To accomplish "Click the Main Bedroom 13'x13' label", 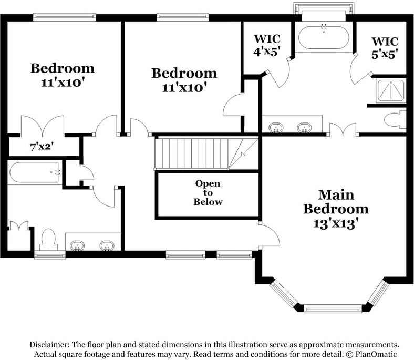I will [336, 209].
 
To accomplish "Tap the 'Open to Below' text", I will [208, 193].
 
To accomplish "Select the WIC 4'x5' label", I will [267, 45].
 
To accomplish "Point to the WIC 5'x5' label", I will [385, 47].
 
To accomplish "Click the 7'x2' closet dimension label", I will [40, 147].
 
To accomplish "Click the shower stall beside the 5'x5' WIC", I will [390, 91].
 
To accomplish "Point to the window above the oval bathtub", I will [323, 9].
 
